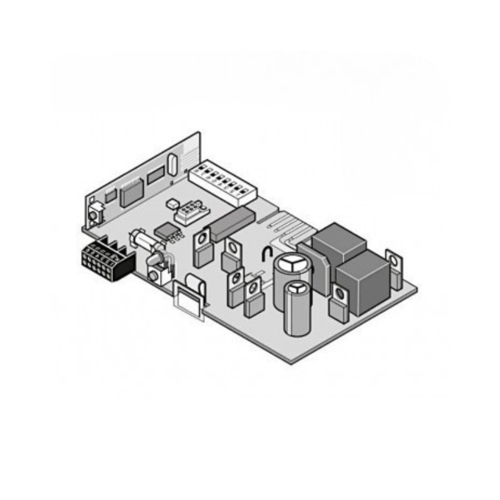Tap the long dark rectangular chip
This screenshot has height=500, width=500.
[232, 223]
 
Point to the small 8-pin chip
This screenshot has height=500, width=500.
[167, 230]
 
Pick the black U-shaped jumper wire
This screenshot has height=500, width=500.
[267, 253]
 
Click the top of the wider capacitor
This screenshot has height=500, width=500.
[292, 266]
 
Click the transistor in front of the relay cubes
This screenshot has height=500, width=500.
[339, 303]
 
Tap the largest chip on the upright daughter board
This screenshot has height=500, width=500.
[132, 192]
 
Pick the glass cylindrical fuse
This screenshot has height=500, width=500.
[142, 241]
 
